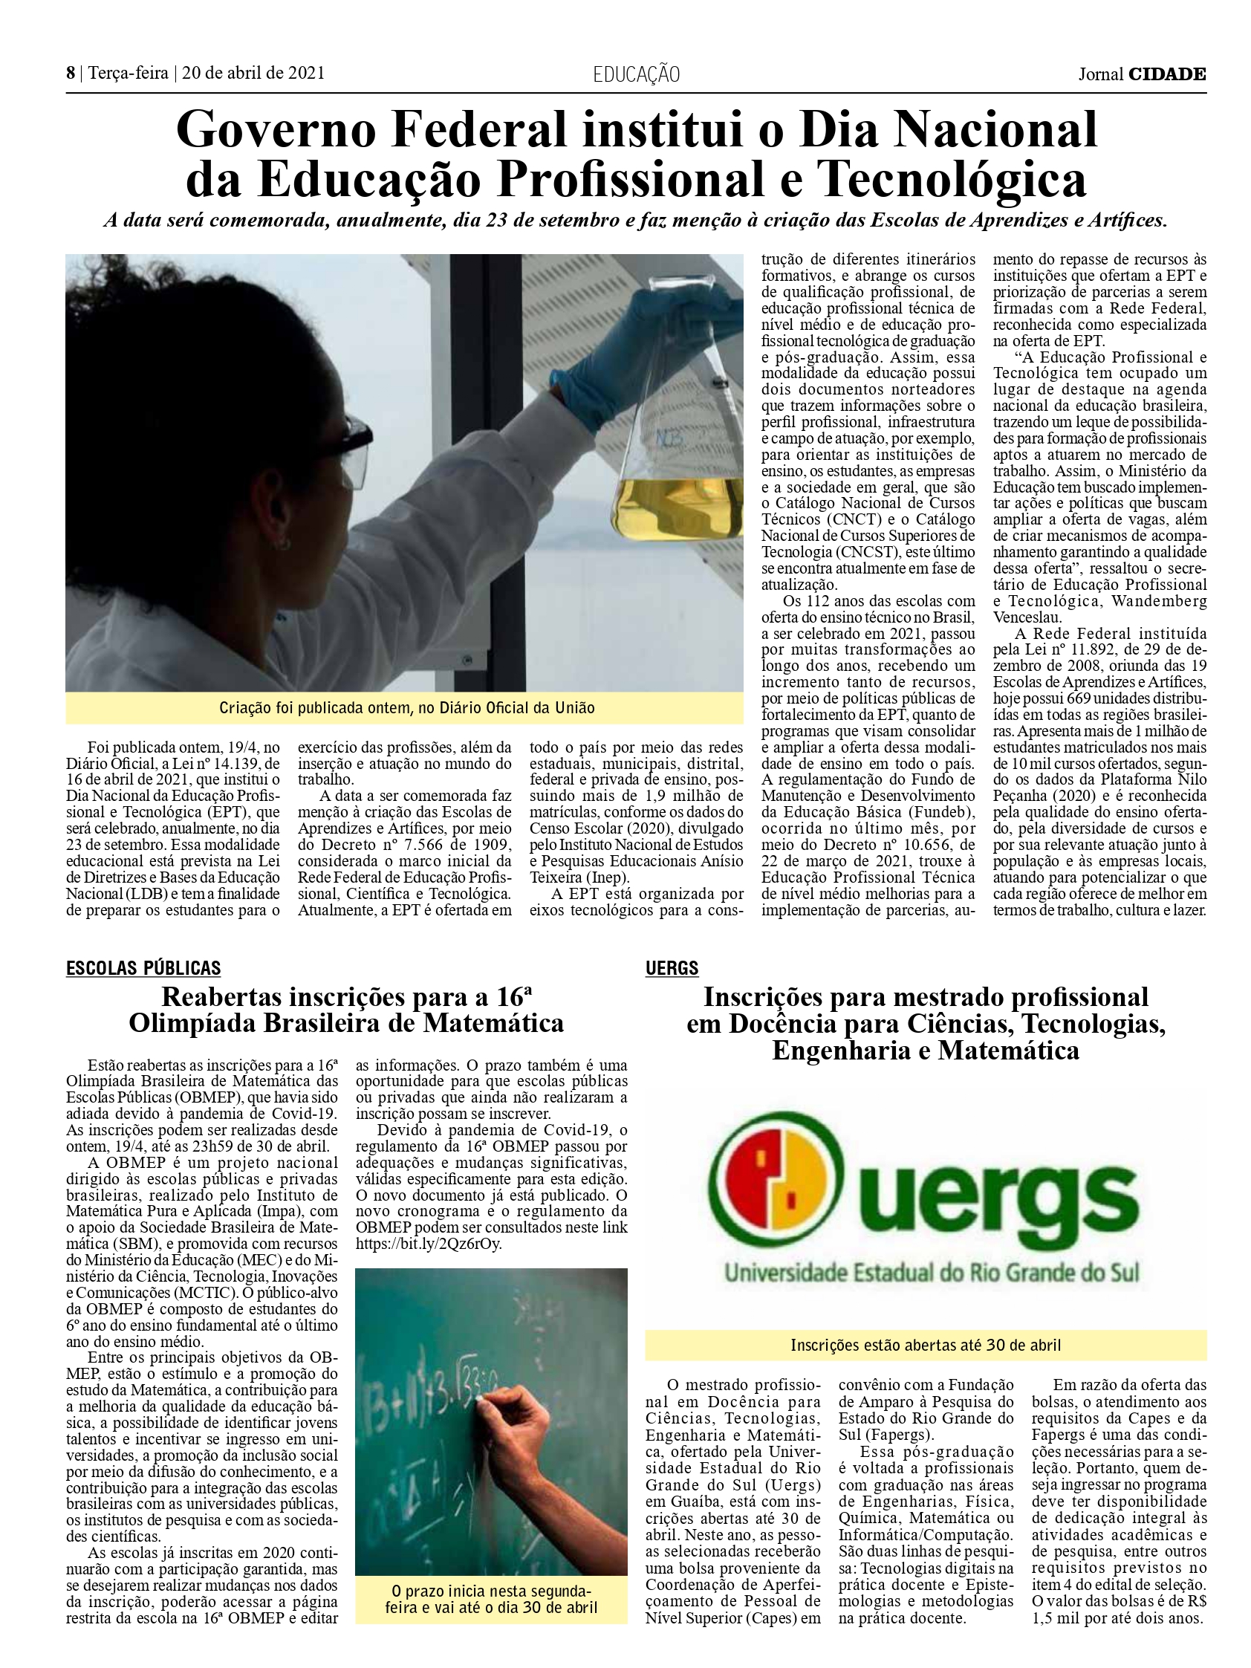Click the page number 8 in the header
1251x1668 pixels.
71,73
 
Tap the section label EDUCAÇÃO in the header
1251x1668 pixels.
637,74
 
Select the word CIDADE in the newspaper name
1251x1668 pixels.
1166,74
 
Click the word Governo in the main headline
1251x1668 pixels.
276,130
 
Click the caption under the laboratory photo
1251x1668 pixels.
406,707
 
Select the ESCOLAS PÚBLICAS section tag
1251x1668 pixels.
143,968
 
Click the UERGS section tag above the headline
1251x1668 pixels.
672,968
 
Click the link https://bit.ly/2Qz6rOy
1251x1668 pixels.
429,1244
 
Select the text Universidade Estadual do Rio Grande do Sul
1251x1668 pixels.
932,1273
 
